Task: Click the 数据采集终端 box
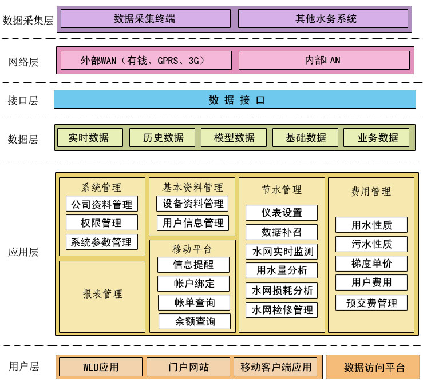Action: coord(145,19)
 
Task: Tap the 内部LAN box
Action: coord(324,60)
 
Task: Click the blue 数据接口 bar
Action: coord(235,100)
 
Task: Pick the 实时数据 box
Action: coord(90,137)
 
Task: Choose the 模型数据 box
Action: coord(234,137)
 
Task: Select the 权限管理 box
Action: coord(102,222)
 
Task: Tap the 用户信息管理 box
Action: coord(192,222)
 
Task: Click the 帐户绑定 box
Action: coord(193,283)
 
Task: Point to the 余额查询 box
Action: coord(195,321)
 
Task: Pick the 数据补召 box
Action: coord(281,232)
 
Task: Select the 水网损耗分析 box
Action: coord(281,290)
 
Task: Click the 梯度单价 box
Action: coord(371,264)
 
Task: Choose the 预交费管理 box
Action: coord(371,302)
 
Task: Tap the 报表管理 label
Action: coord(102,294)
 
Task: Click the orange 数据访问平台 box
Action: coord(373,367)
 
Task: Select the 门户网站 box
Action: coord(188,367)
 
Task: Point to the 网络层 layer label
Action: coord(23,62)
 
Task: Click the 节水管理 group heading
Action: coord(282,189)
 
